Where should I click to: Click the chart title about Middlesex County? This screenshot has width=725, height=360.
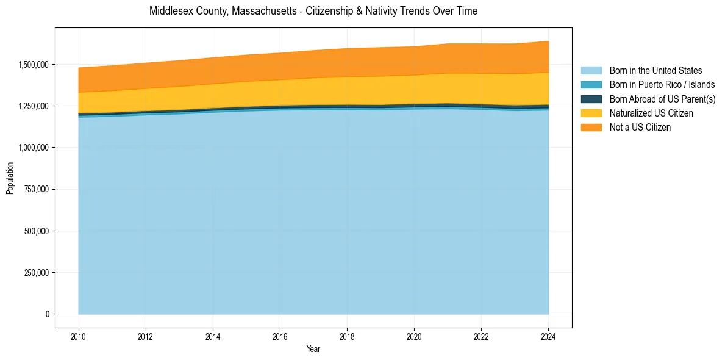click(x=313, y=11)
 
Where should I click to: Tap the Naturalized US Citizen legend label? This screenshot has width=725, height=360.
click(x=651, y=113)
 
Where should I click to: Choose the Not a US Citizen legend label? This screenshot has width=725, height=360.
click(x=640, y=128)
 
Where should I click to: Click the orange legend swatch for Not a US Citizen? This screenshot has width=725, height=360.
click(x=591, y=128)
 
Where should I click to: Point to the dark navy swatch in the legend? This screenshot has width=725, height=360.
click(x=591, y=99)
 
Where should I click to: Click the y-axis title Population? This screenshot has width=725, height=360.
click(x=10, y=178)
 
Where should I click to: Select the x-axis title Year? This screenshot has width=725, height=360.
click(x=313, y=350)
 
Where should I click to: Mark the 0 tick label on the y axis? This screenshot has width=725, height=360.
click(x=47, y=314)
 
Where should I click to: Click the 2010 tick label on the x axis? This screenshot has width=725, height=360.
click(x=78, y=336)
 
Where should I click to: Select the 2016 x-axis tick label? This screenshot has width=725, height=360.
click(x=280, y=336)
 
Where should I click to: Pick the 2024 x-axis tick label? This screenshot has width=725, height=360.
click(x=548, y=336)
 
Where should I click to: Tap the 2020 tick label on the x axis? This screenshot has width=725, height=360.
click(x=414, y=336)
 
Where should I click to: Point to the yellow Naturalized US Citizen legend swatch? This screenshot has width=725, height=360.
click(x=591, y=113)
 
